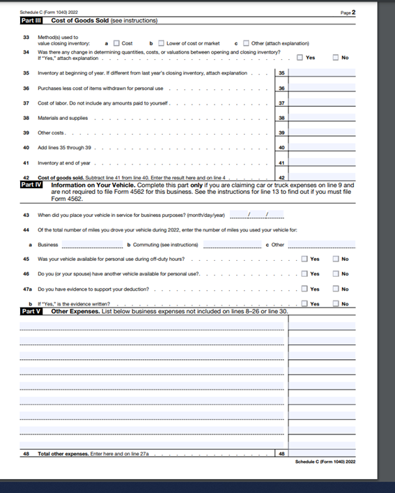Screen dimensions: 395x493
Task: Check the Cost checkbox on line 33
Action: pos(116,43)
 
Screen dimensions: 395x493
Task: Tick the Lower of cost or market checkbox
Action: pos(160,43)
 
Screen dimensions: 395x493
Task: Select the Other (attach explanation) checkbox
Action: pos(246,43)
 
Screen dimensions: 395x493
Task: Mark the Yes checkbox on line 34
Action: pos(300,57)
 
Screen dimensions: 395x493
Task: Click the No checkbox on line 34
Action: pos(336,57)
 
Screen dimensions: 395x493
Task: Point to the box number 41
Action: pos(281,163)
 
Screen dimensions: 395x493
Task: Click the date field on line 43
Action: pos(248,215)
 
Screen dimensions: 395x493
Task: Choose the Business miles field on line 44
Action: pos(92,245)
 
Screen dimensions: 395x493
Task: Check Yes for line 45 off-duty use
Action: pos(304,259)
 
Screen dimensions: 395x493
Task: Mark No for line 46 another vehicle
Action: pos(336,273)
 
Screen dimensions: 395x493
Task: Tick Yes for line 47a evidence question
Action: pos(304,289)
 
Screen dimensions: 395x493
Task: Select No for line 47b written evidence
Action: pos(336,303)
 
